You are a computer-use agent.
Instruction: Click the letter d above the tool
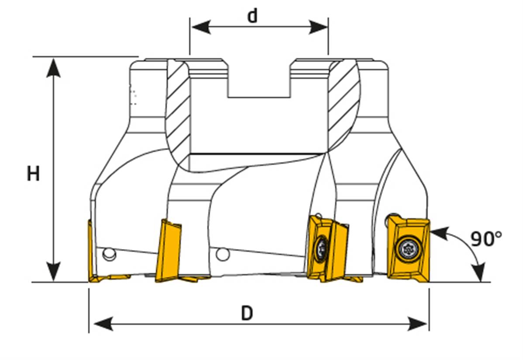tap(252, 16)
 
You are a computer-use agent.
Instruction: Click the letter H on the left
tap(33, 174)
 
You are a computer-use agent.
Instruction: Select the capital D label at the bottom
tap(247, 313)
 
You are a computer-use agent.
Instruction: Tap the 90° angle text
tap(486, 239)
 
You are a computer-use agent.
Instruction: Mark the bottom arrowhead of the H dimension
tap(53, 274)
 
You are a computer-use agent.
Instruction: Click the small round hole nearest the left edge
tap(107, 253)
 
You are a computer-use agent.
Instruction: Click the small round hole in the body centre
tap(223, 253)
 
